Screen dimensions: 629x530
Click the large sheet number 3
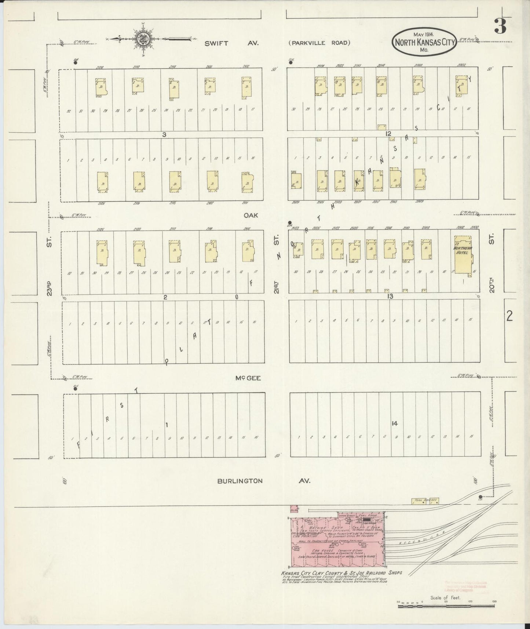click(x=500, y=26)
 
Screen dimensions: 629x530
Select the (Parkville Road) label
click(x=319, y=43)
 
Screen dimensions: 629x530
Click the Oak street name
click(x=251, y=215)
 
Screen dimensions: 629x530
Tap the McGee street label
click(x=248, y=378)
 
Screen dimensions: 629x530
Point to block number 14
click(x=394, y=423)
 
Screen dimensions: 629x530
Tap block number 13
click(x=390, y=296)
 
